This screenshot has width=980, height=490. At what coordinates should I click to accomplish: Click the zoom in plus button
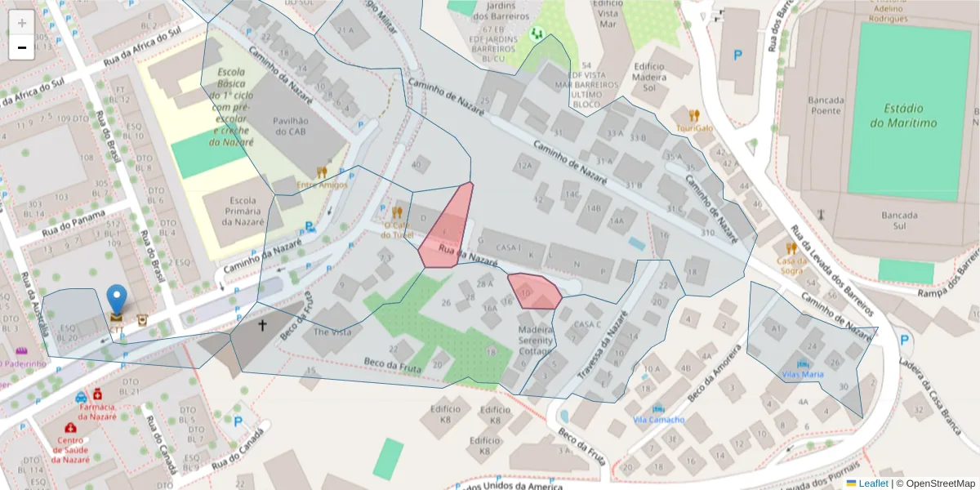coord(21,22)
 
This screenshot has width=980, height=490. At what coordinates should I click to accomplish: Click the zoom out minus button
coord(21,47)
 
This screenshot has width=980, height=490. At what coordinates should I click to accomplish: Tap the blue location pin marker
coord(118,301)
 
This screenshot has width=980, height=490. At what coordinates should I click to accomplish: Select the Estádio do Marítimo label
coord(902,115)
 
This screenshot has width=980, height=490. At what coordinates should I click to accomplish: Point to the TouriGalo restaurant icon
coord(694,115)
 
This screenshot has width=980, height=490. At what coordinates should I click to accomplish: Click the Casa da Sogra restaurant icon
coord(791,248)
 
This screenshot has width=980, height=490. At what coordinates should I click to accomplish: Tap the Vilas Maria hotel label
coord(803,374)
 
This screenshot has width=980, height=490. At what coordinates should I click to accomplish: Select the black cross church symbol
coord(263,325)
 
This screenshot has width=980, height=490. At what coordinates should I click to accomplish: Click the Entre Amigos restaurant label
coord(322,185)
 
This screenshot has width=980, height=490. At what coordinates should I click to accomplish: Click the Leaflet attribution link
coord(873,483)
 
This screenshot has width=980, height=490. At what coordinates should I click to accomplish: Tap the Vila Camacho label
coord(659,419)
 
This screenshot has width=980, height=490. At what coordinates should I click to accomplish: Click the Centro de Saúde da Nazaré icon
coord(70,428)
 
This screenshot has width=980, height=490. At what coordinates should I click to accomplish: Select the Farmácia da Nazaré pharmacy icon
coord(97,393)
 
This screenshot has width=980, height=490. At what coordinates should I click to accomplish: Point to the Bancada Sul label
coord(901,220)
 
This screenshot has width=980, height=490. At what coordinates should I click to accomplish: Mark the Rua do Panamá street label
coord(73,221)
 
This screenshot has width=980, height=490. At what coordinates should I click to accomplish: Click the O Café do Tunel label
coord(397,229)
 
